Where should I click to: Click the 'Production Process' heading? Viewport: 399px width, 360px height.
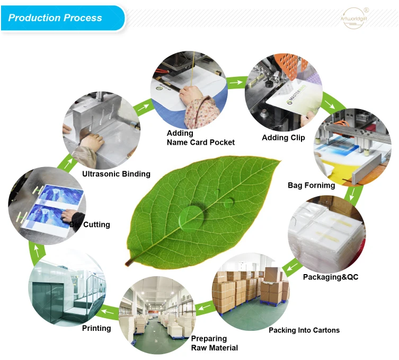click(x=55, y=18)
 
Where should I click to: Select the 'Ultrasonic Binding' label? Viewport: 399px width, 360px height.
click(x=116, y=174)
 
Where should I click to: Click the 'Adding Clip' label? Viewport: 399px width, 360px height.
click(x=283, y=138)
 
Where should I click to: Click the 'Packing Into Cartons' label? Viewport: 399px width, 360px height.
click(x=304, y=330)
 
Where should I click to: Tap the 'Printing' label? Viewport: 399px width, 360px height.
click(x=96, y=328)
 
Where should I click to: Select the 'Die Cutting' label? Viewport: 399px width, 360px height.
click(x=90, y=225)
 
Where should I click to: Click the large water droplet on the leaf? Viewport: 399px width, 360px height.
click(x=191, y=217)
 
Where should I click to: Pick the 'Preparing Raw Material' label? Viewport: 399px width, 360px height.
click(x=214, y=343)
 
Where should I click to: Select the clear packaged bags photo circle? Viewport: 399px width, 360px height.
click(x=326, y=234)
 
